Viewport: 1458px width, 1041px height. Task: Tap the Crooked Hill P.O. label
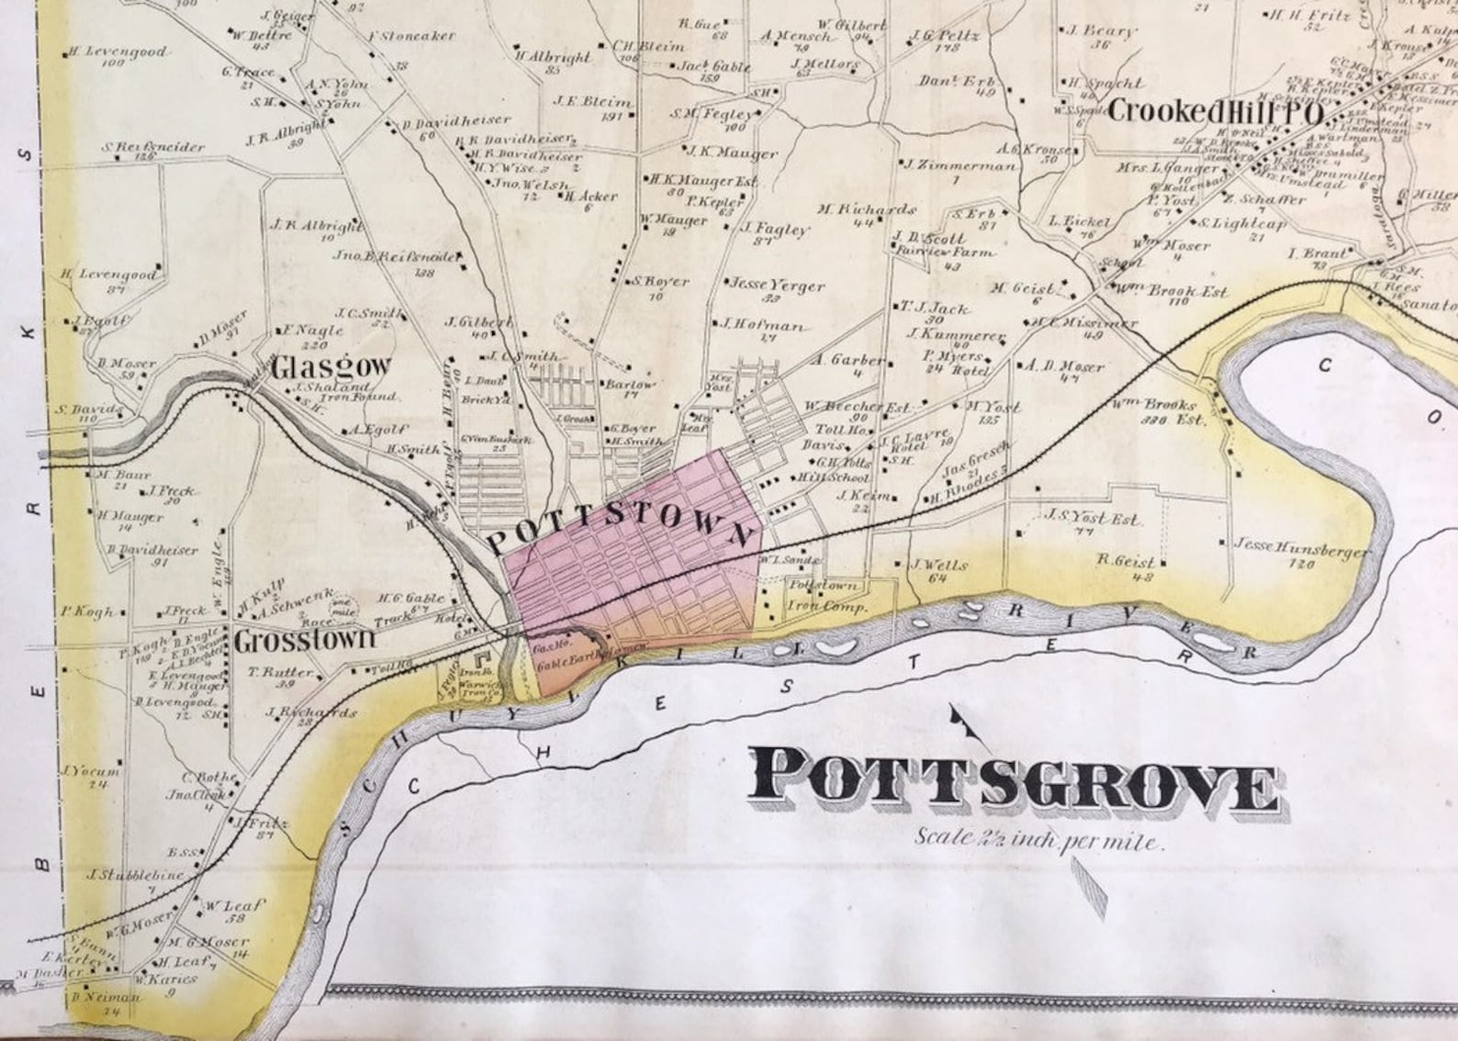[1215, 112]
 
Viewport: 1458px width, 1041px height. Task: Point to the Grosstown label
[305, 640]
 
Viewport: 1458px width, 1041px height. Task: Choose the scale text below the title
[1038, 839]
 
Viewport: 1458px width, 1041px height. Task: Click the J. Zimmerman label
[959, 166]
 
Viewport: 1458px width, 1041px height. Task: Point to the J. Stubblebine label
[136, 875]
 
